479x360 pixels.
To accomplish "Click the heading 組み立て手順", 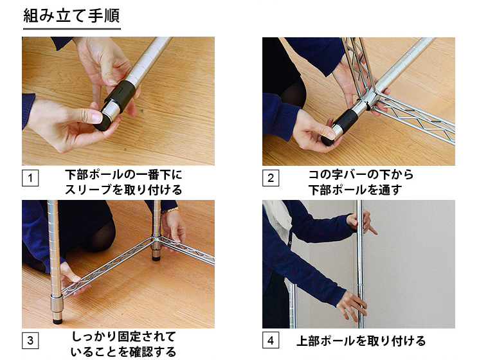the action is pyautogui.click(x=71, y=16).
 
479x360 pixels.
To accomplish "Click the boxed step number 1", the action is pyautogui.click(x=30, y=177).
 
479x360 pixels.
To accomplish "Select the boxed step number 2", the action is pyautogui.click(x=271, y=177).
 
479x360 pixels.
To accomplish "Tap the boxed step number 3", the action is pyautogui.click(x=30, y=340).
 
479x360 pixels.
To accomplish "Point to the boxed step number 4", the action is pyautogui.click(x=271, y=340).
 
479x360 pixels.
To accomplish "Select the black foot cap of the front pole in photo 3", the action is pyautogui.click(x=57, y=321).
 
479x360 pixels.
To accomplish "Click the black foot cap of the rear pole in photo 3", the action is pyautogui.click(x=156, y=258).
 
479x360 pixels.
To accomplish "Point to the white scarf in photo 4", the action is pyautogui.click(x=278, y=217).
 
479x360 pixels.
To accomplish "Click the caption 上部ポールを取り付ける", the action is pyautogui.click(x=361, y=341).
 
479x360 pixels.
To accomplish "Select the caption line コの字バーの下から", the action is pyautogui.click(x=361, y=175).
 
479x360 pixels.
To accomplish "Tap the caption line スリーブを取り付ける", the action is pyautogui.click(x=123, y=190).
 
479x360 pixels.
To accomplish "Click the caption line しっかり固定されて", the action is pyautogui.click(x=123, y=336).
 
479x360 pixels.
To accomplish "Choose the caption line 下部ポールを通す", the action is pyautogui.click(x=355, y=190).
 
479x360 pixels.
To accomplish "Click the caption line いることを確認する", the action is pyautogui.click(x=123, y=352).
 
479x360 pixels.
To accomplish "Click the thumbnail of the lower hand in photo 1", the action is pyautogui.click(x=97, y=116).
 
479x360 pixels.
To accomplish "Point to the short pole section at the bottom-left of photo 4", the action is pyautogui.click(x=293, y=305).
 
